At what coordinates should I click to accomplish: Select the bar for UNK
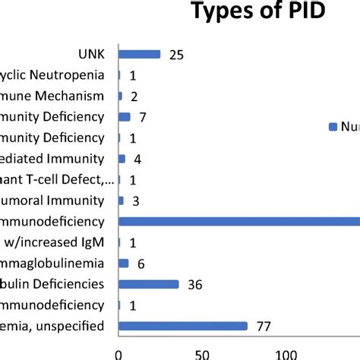pos(140,54)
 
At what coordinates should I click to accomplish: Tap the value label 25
pos(176,55)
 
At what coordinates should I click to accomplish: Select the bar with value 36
pos(149,284)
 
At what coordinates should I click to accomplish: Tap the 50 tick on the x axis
pos(201,353)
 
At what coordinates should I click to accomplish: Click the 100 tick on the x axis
pos(286,353)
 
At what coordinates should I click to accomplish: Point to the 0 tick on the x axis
pos(118,353)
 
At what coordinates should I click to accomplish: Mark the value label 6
pos(140,263)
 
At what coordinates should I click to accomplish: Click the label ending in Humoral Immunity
pos(53,201)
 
